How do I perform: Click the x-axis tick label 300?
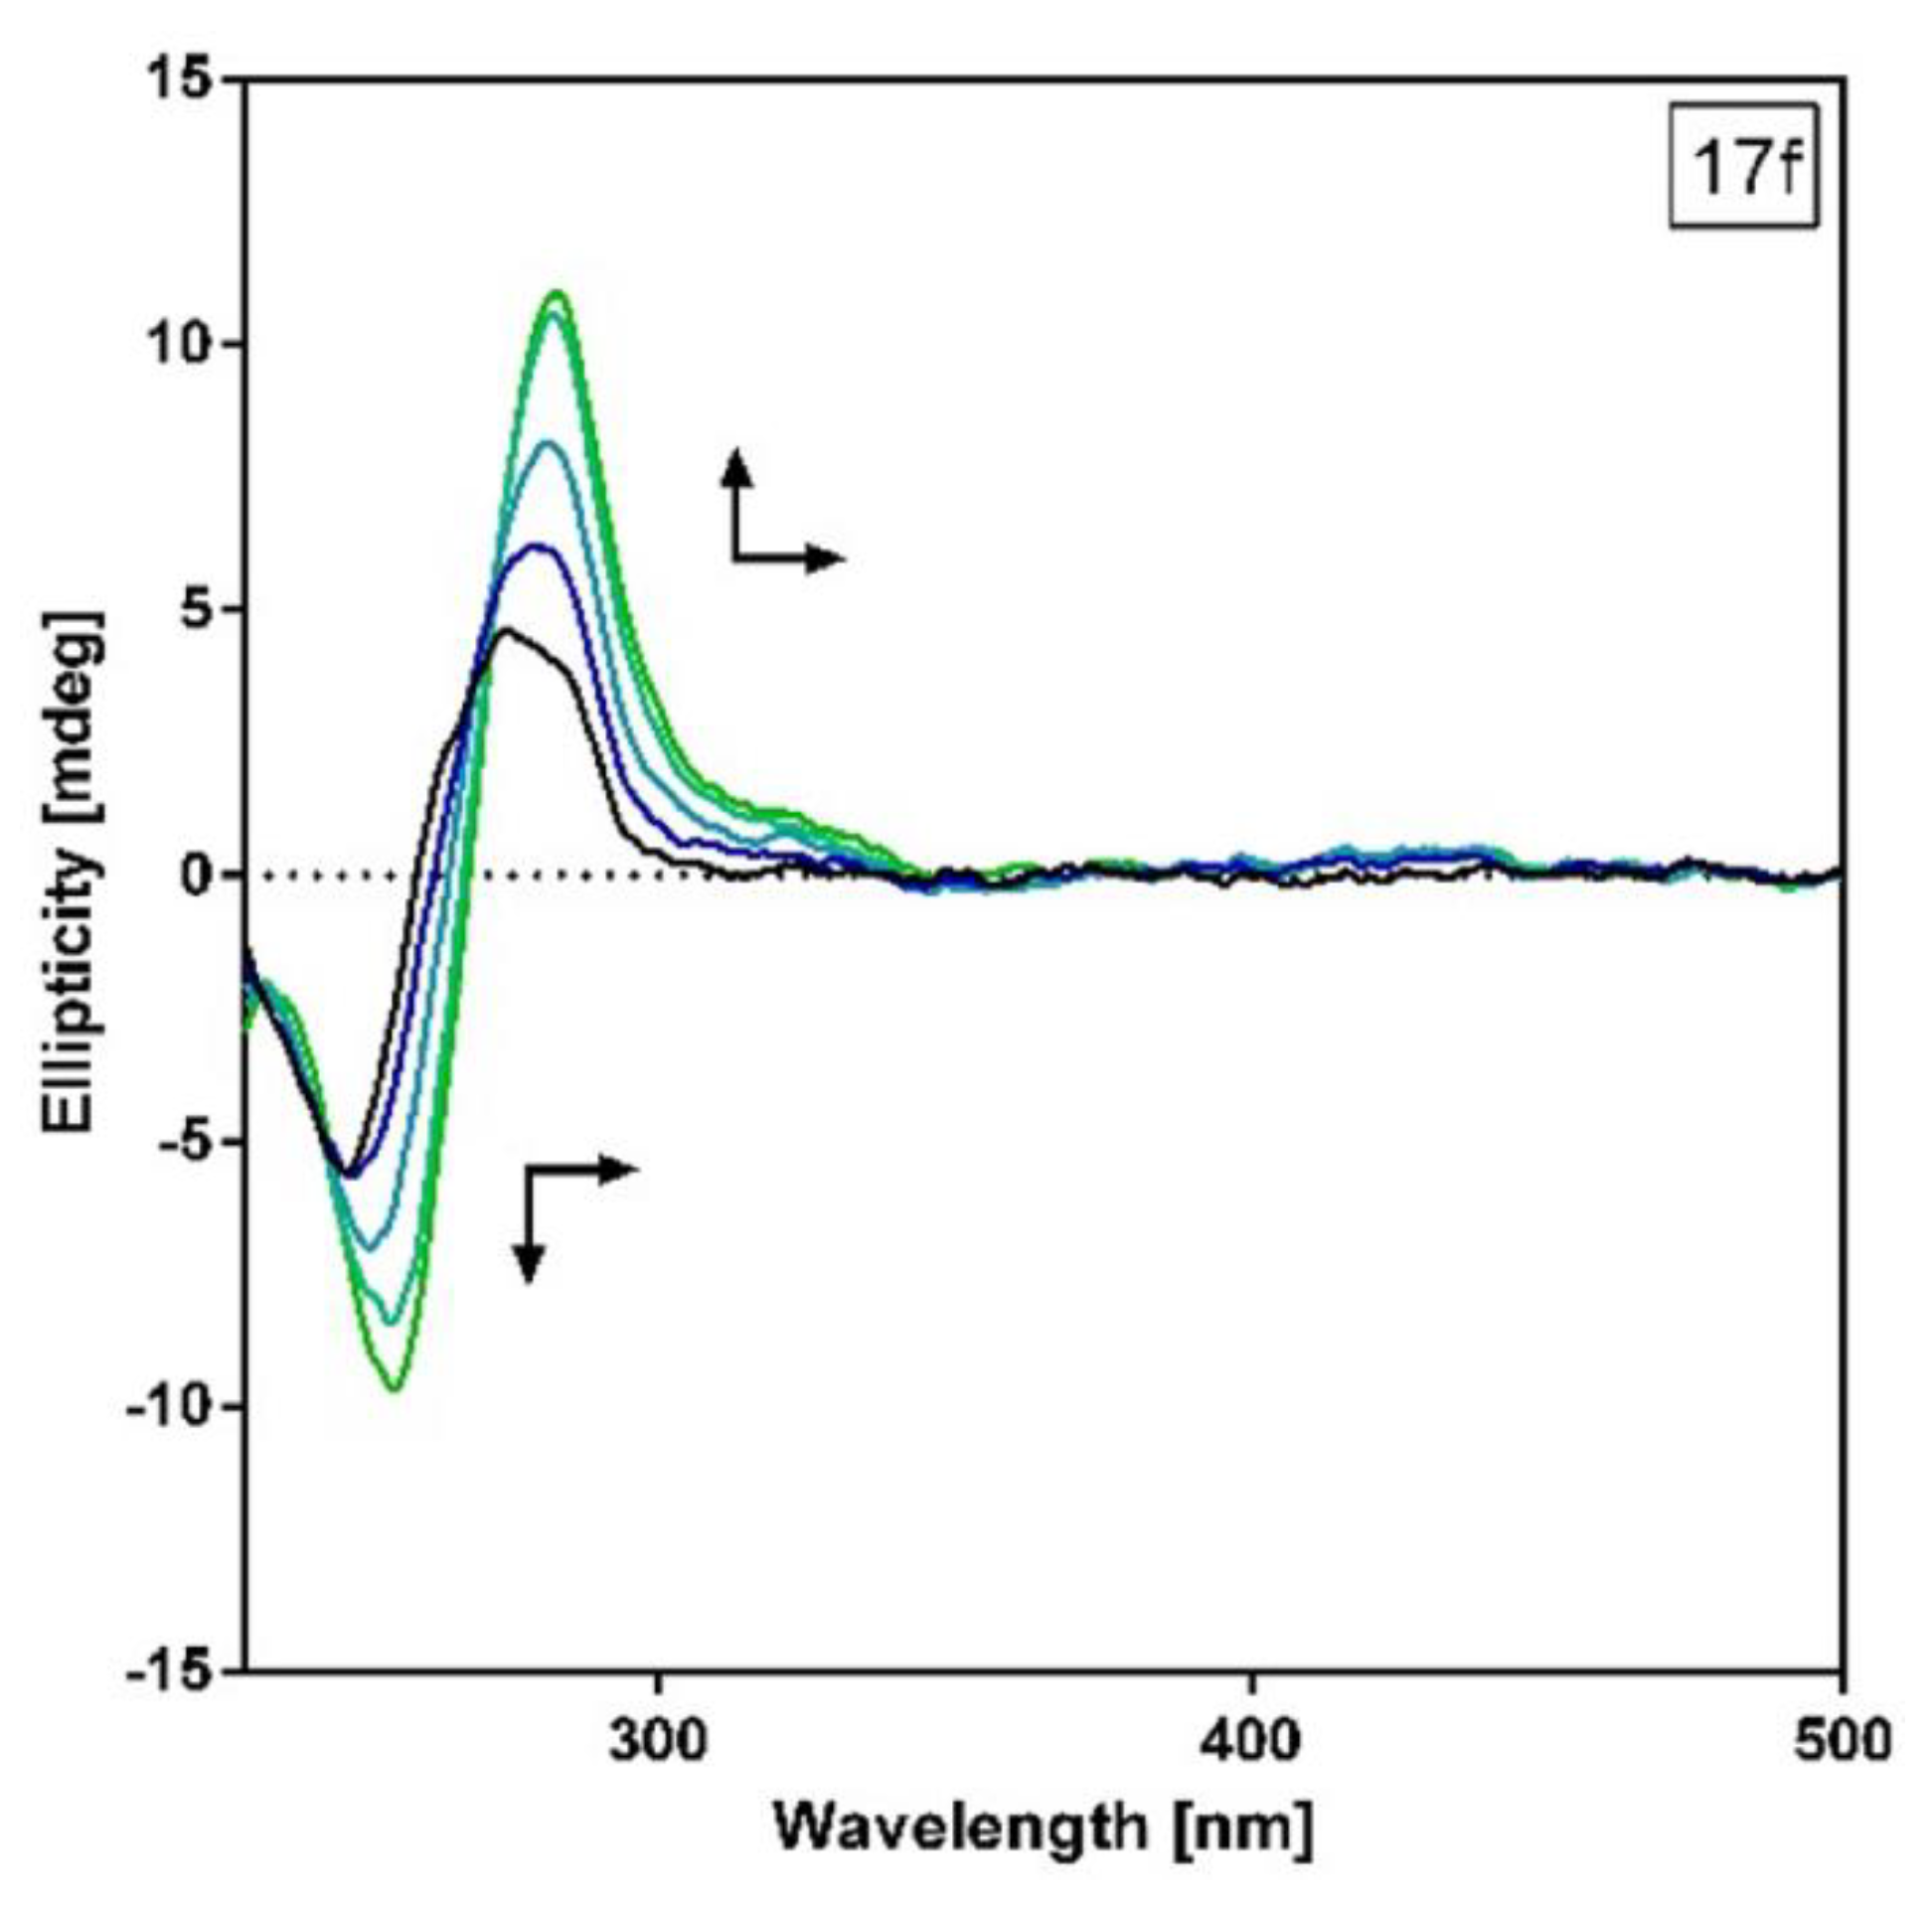click(x=659, y=1743)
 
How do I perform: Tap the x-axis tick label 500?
click(x=1842, y=1743)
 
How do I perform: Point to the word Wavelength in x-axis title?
click(x=960, y=1829)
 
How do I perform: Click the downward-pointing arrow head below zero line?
click(x=529, y=1265)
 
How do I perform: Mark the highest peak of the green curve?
click(x=558, y=294)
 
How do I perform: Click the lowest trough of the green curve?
click(x=395, y=1387)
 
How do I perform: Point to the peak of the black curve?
click(x=508, y=630)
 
